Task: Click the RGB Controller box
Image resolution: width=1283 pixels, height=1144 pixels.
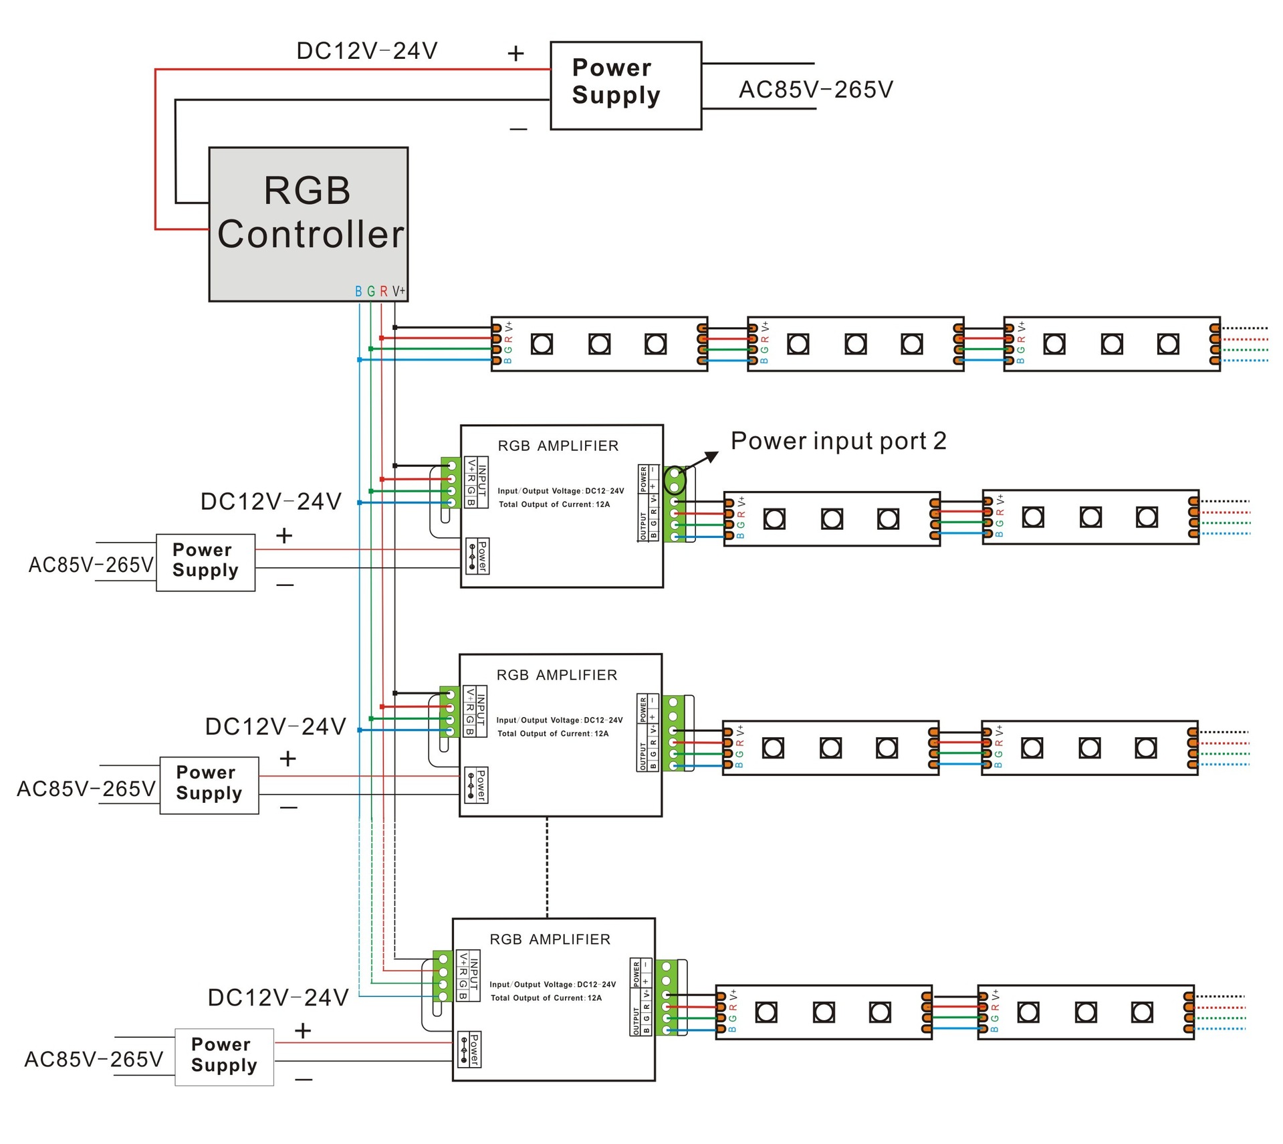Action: [308, 224]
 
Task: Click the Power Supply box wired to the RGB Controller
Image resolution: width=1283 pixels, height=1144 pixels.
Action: [626, 86]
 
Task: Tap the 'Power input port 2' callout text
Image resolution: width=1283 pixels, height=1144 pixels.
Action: [838, 441]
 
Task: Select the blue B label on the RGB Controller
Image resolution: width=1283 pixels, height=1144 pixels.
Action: [358, 292]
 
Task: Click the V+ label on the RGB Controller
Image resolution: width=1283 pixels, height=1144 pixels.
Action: [398, 291]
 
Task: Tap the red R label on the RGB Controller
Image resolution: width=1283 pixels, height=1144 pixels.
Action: [384, 292]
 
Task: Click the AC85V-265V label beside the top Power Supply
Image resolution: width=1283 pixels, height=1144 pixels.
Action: [816, 90]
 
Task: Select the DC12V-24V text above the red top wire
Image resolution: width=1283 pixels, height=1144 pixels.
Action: [367, 51]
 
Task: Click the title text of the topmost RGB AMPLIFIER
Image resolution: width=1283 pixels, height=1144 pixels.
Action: [558, 446]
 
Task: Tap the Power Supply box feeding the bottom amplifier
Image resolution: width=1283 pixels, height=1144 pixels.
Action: [224, 1057]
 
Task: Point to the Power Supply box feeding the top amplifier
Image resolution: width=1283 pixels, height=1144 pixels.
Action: [205, 563]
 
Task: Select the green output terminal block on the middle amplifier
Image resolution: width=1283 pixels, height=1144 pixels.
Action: [673, 734]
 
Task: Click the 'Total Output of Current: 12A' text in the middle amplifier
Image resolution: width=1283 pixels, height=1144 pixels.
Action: [553, 734]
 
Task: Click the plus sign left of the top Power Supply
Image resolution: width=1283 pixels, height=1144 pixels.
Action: [515, 54]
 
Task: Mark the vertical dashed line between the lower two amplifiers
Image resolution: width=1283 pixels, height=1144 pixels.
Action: [547, 868]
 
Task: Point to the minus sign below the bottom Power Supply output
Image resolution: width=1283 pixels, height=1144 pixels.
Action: [304, 1079]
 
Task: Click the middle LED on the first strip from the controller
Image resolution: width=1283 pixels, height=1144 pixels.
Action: [599, 345]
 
